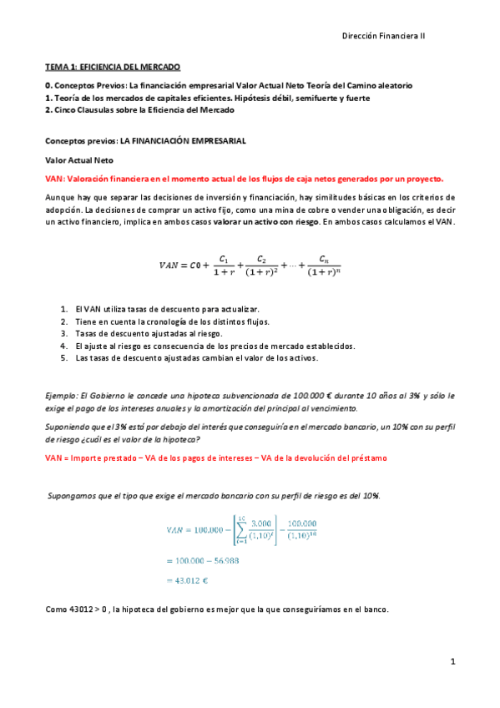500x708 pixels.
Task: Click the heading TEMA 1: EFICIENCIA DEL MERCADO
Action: click(x=113, y=66)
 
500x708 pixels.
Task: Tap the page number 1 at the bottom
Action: click(x=452, y=662)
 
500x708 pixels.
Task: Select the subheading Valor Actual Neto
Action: click(x=79, y=159)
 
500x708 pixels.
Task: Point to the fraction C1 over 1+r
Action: click(x=222, y=265)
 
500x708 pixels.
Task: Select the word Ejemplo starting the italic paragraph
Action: click(x=63, y=395)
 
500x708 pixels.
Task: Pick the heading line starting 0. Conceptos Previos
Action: click(x=228, y=86)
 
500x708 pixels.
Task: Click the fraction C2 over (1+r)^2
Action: click(x=263, y=265)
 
